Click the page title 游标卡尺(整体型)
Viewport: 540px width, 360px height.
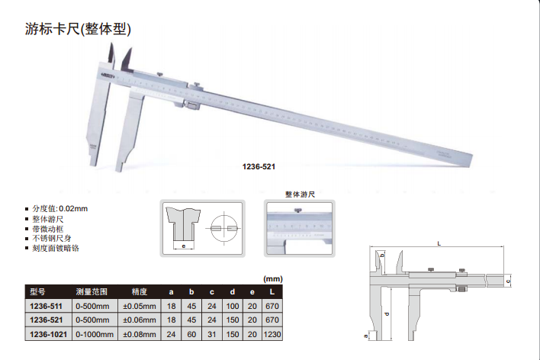[78, 29]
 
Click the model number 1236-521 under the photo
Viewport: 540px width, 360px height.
[259, 167]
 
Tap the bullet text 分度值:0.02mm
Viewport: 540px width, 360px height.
[60, 209]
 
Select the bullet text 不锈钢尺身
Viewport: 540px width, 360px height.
[52, 239]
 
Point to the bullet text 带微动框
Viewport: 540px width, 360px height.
[48, 229]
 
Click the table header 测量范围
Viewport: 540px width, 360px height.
[92, 292]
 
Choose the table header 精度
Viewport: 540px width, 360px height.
[139, 292]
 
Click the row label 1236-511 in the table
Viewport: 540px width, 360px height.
[47, 307]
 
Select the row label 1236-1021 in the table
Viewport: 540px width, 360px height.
[48, 334]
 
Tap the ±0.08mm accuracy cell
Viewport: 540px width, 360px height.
[140, 334]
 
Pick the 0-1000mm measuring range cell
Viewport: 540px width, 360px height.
[95, 334]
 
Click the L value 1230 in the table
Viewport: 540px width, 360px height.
[272, 334]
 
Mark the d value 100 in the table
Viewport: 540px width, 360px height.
[233, 307]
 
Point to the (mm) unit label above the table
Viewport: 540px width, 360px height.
[273, 279]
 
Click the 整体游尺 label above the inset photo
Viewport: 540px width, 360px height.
[300, 194]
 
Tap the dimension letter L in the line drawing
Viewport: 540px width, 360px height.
[439, 243]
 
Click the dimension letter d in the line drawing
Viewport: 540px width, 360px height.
[387, 314]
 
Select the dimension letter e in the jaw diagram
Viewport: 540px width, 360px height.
[184, 246]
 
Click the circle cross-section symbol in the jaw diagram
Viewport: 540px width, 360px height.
[223, 228]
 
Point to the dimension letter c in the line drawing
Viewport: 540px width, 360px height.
[508, 281]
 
